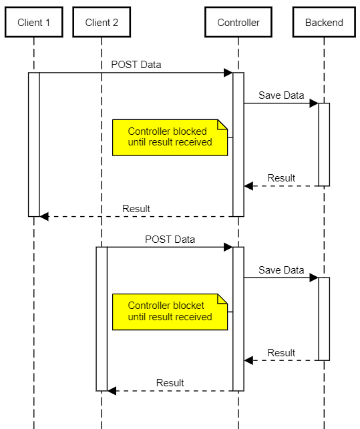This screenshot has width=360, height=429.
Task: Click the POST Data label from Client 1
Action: (x=136, y=65)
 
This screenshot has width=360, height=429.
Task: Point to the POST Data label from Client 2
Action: (x=170, y=240)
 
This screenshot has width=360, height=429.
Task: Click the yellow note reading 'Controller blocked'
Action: (x=170, y=137)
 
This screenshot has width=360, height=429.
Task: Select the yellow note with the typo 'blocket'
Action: (x=170, y=312)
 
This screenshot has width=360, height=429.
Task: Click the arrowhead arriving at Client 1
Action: (x=44, y=216)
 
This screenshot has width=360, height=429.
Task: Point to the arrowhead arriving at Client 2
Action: (x=112, y=391)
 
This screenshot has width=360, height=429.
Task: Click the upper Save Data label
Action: (x=281, y=95)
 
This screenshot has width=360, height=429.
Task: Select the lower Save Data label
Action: (x=281, y=270)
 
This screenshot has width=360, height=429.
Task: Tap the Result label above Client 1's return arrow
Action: (x=136, y=209)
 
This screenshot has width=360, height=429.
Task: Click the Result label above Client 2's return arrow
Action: (x=170, y=383)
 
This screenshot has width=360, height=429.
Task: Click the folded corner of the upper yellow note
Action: (x=222, y=124)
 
